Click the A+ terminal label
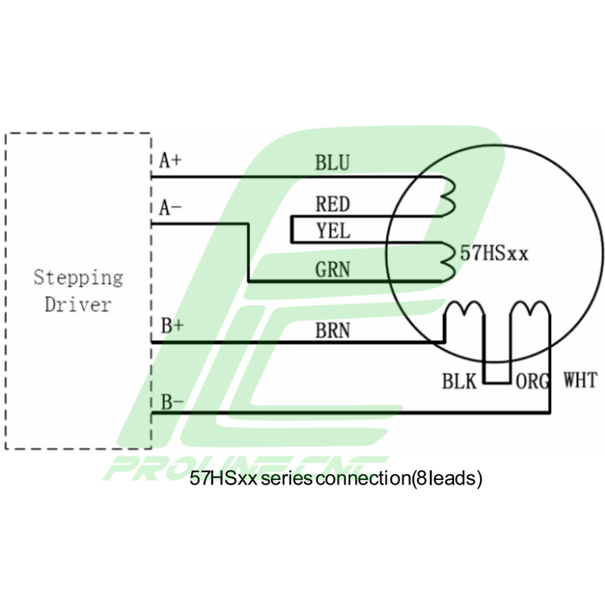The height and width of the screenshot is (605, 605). pyautogui.click(x=170, y=160)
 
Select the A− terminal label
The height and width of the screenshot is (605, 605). pyautogui.click(x=170, y=208)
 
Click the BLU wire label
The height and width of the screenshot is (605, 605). pyautogui.click(x=332, y=163)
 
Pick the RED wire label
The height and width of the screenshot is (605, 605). pyautogui.click(x=332, y=204)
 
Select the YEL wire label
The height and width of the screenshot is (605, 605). pyautogui.click(x=333, y=231)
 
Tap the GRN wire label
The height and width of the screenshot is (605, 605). pyautogui.click(x=333, y=269)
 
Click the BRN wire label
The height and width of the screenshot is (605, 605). pyautogui.click(x=332, y=330)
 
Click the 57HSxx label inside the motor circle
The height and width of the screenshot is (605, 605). pyautogui.click(x=494, y=253)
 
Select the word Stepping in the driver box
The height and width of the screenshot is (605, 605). pyautogui.click(x=78, y=278)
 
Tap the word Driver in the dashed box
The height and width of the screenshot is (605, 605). pyautogui.click(x=77, y=305)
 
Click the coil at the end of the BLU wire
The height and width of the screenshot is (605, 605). pyautogui.click(x=449, y=193)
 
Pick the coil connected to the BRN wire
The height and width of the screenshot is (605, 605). pyautogui.click(x=465, y=311)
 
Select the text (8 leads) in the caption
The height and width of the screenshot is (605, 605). pyautogui.click(x=446, y=478)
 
